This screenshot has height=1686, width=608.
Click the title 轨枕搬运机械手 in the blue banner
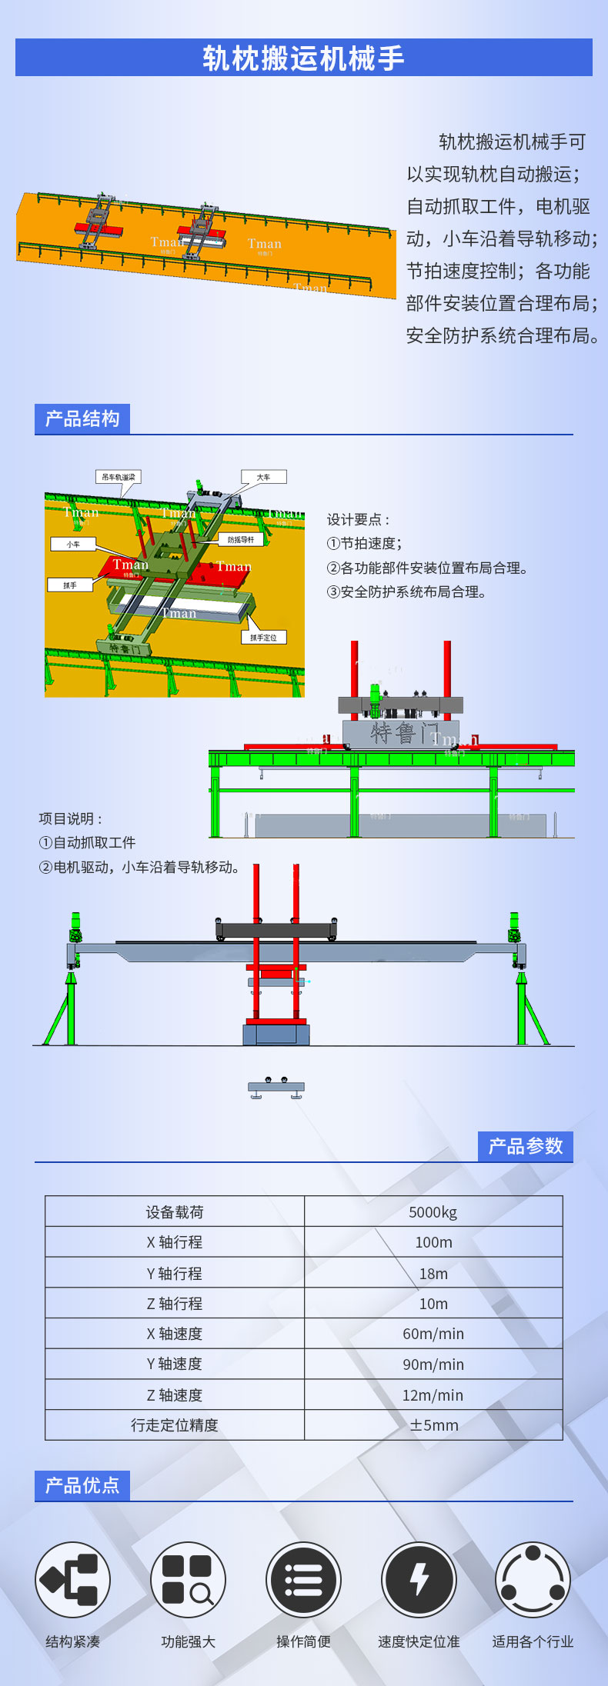tap(303, 58)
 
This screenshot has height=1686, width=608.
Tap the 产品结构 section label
tap(82, 419)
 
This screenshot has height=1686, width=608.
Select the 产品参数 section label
tap(526, 1147)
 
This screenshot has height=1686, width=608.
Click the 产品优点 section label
tap(82, 1485)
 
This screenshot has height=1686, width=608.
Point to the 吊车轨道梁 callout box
tap(119, 477)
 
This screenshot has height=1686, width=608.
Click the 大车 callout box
tap(263, 477)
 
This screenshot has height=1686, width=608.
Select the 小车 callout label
tap(73, 544)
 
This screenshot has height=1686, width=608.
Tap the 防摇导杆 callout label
tap(241, 539)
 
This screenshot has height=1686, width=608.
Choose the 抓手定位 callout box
tap(263, 637)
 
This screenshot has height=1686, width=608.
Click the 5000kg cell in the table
tap(433, 1212)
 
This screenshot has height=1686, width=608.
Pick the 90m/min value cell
tap(433, 1364)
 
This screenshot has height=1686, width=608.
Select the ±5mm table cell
tap(433, 1425)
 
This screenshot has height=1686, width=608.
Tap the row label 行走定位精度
tap(175, 1425)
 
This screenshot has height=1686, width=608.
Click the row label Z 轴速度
tap(175, 1395)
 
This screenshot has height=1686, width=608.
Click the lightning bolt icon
tap(419, 1580)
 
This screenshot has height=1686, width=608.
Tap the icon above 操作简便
tap(303, 1580)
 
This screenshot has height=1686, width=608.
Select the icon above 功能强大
tap(188, 1580)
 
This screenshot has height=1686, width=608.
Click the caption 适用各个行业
tap(533, 1641)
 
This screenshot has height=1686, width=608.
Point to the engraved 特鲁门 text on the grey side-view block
tap(404, 733)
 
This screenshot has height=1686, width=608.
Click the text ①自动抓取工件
tap(87, 843)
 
